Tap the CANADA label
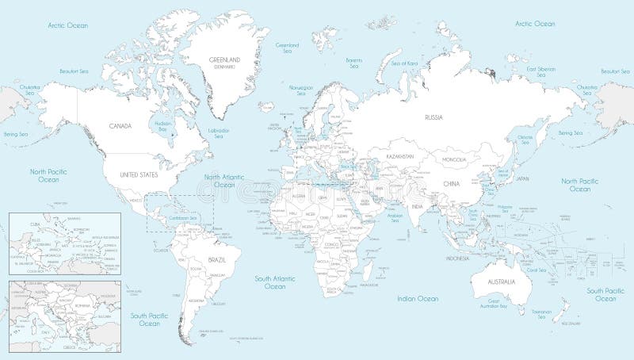pos(120,126)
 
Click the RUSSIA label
pos(433,117)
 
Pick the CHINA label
pos(451,184)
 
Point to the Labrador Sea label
pos(218,132)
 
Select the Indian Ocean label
pos(417,299)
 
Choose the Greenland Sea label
pos(286,48)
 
